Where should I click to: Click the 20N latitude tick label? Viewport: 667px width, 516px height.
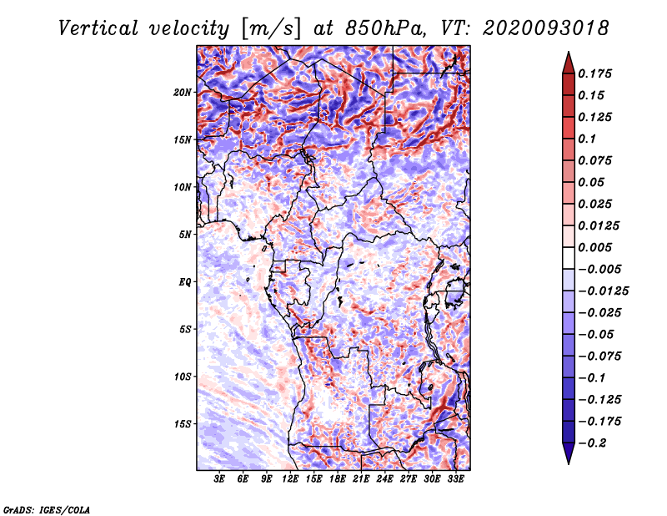click(183, 92)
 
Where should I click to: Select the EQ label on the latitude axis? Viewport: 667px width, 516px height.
click(185, 282)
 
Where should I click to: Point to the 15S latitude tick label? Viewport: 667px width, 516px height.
click(183, 424)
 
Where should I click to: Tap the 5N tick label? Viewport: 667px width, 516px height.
click(185, 235)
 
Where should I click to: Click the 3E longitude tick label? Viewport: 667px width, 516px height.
click(220, 479)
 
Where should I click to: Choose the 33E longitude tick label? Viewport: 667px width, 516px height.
click(456, 479)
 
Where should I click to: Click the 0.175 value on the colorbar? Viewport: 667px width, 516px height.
click(599, 74)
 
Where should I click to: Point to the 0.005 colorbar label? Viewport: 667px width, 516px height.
click(599, 248)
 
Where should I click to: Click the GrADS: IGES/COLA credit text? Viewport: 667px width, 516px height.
click(47, 508)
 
